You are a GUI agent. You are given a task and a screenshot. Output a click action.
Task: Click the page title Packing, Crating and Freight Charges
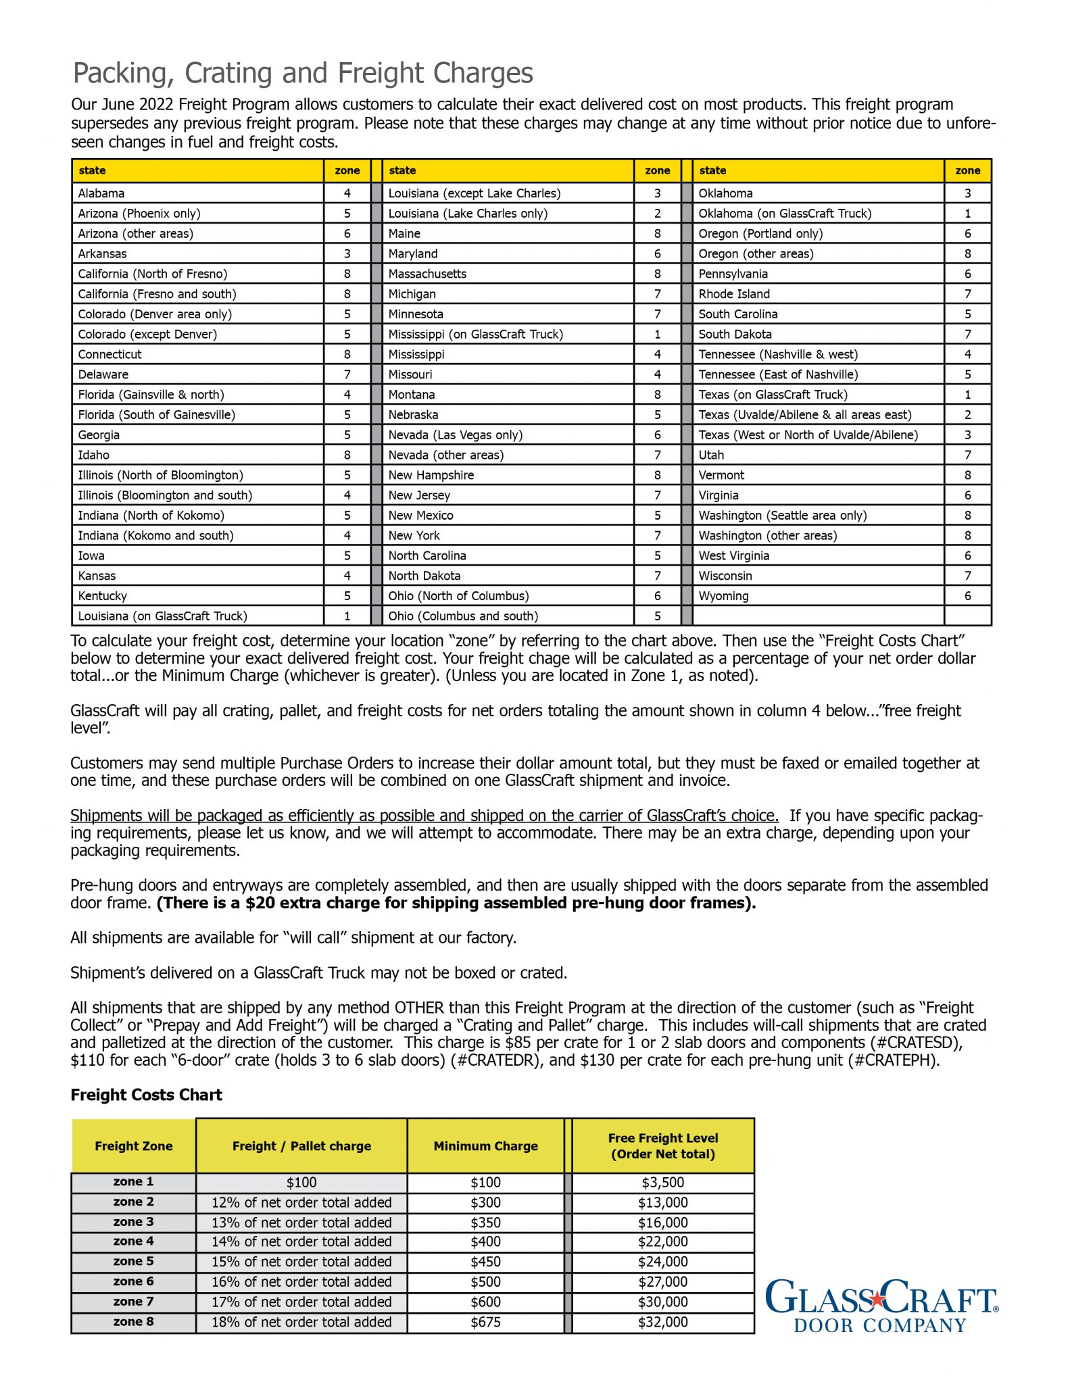(x=303, y=73)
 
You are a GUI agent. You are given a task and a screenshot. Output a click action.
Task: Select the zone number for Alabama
(x=347, y=193)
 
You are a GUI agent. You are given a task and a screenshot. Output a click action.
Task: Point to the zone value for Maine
(x=657, y=234)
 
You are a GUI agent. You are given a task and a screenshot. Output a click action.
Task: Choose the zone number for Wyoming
(x=967, y=596)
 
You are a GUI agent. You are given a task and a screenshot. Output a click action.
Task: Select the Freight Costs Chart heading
(x=146, y=1095)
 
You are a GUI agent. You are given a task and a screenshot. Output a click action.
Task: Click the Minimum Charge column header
(x=485, y=1146)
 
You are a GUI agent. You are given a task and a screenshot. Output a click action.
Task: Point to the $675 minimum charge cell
(x=485, y=1322)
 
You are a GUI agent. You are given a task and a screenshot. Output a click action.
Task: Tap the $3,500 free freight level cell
(x=662, y=1183)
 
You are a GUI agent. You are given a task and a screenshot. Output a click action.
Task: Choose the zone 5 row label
(x=133, y=1261)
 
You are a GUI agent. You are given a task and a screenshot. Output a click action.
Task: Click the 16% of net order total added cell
(x=301, y=1282)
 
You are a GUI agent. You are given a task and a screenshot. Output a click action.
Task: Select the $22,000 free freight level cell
(x=662, y=1241)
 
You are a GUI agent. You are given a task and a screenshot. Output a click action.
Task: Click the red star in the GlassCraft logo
(x=877, y=1298)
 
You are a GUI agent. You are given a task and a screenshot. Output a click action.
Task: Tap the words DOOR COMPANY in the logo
(x=880, y=1325)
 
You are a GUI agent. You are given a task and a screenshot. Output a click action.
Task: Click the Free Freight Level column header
(x=662, y=1146)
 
